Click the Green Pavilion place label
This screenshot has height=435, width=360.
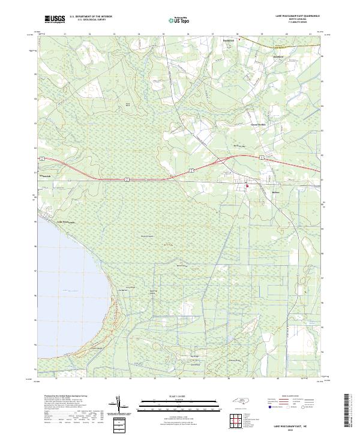257,124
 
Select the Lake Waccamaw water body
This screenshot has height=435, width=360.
66,282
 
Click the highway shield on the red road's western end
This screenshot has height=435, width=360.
128,178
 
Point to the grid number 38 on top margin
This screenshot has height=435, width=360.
238,34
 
